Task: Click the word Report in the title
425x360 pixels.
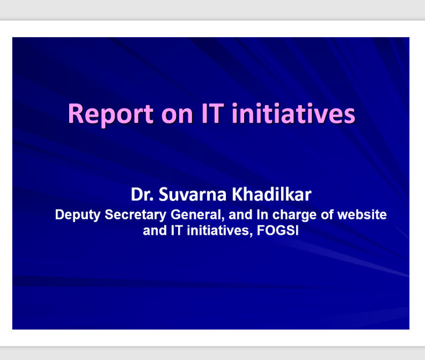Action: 111,114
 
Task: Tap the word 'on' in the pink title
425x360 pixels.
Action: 177,115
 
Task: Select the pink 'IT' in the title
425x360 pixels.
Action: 212,114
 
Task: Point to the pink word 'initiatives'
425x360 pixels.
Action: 293,113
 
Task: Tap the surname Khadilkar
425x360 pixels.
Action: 271,194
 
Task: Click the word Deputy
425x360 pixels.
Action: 78,215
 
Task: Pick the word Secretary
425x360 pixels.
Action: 135,215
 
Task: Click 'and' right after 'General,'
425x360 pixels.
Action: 240,214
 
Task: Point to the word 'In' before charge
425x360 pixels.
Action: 262,214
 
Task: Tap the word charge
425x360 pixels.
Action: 294,215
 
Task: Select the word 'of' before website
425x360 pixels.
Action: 326,214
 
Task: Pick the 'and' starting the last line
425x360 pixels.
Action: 154,230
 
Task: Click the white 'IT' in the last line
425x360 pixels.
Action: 177,230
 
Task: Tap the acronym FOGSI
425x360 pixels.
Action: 278,230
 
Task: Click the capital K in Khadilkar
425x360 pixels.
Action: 237,194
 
